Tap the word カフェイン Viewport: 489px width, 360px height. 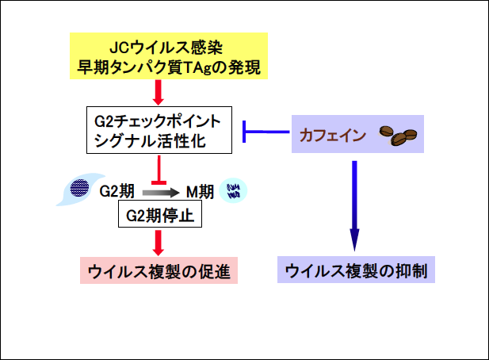[333, 135]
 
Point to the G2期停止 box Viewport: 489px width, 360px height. [161, 214]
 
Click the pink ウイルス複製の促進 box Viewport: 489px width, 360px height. [160, 271]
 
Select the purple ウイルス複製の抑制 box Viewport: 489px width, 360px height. [355, 271]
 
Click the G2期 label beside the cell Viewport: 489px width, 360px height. [117, 191]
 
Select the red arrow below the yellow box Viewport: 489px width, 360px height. [161, 92]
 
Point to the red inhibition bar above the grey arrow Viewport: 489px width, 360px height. [161, 170]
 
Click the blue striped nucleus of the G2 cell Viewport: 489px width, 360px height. [79, 189]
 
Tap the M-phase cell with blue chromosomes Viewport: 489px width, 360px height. [235, 190]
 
